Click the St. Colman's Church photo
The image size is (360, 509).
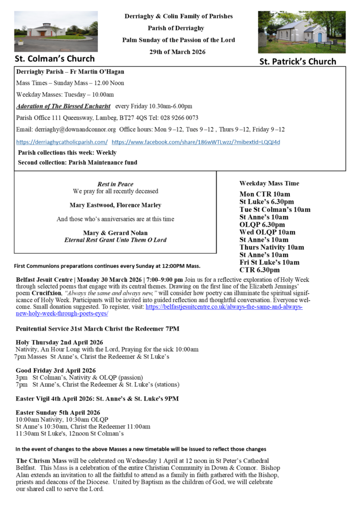coord(56,31)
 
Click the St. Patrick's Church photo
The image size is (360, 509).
coord(301,32)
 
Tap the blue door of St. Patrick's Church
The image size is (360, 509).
coord(320,37)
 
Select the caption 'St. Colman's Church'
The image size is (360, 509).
coord(55,59)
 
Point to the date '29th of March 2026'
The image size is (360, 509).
coord(178,52)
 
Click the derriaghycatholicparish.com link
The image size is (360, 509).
coord(62,142)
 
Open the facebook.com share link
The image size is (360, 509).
coord(196,142)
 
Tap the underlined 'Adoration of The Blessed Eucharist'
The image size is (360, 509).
coord(63,106)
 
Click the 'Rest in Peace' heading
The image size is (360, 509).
coord(115,184)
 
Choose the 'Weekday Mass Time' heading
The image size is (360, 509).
coord(269,183)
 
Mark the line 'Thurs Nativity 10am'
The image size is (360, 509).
coord(271,247)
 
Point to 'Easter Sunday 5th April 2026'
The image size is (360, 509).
coord(58,413)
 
